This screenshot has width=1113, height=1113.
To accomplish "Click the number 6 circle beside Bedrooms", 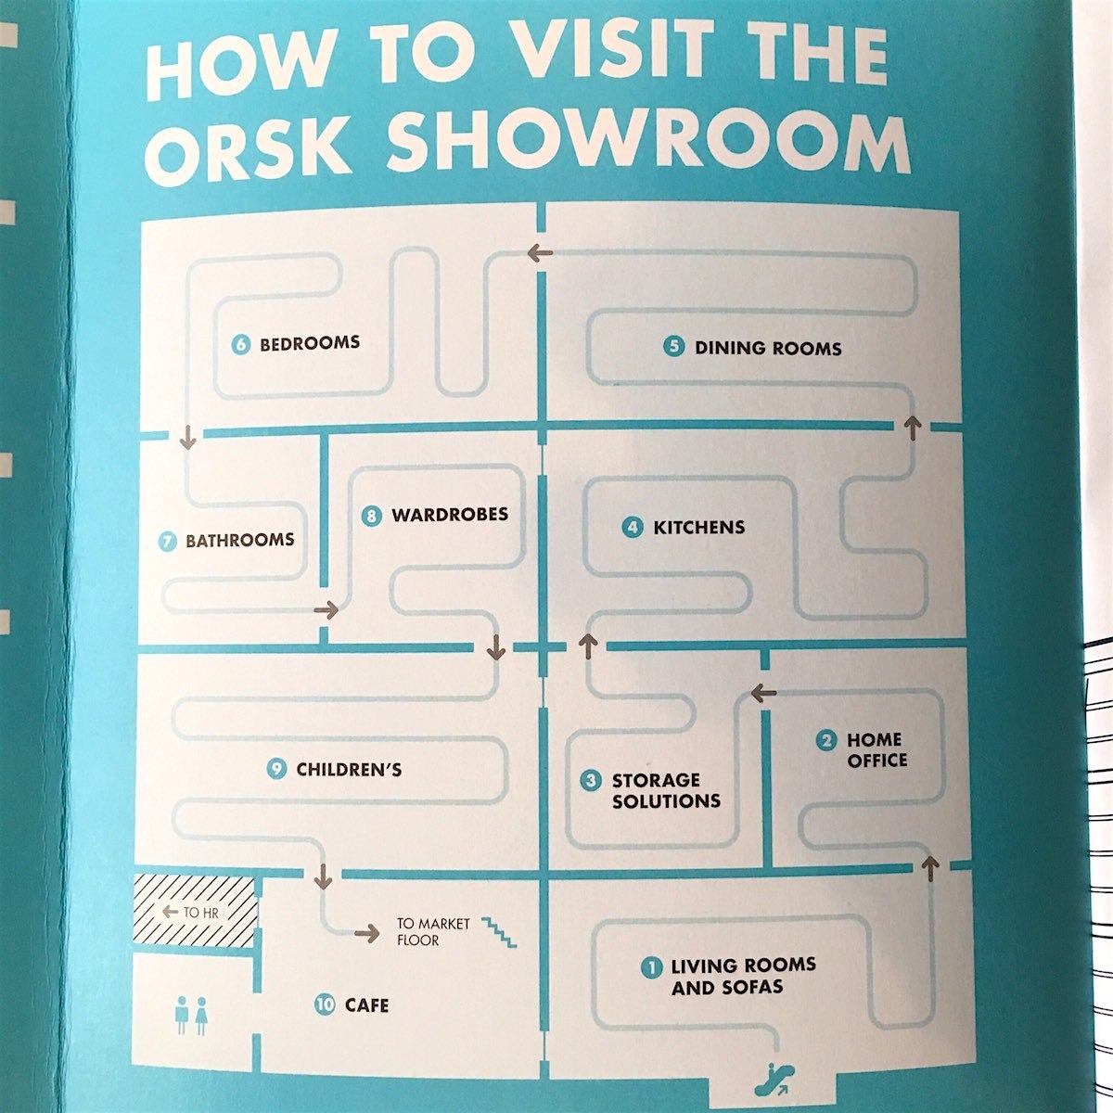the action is pos(241,345).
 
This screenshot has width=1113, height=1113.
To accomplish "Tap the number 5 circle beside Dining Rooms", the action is pos(673,347).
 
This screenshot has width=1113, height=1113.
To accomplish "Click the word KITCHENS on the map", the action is pos(699,528).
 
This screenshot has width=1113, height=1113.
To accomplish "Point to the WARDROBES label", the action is pos(450,515).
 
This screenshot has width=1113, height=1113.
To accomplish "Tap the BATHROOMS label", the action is pos(239,540).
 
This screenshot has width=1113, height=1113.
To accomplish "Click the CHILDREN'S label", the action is pos(349,769).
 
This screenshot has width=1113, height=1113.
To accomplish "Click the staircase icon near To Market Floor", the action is pos(499,931).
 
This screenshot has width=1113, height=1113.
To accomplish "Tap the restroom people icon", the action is pos(191,1015).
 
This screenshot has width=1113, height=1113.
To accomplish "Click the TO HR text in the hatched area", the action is pos(200,913).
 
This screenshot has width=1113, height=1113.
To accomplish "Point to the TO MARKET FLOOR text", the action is pos(433,932).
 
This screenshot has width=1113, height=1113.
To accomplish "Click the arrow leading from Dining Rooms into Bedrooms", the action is pos(540,252).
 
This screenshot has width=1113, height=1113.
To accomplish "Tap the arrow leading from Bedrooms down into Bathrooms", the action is pos(187,437).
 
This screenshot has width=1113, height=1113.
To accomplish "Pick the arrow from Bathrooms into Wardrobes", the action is pos(326,609).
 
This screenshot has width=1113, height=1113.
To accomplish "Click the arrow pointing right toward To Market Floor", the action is pos(366,933).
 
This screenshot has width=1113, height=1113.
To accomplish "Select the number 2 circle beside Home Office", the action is pos(826,740).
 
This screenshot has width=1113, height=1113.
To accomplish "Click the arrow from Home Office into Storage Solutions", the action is pos(763,692).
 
